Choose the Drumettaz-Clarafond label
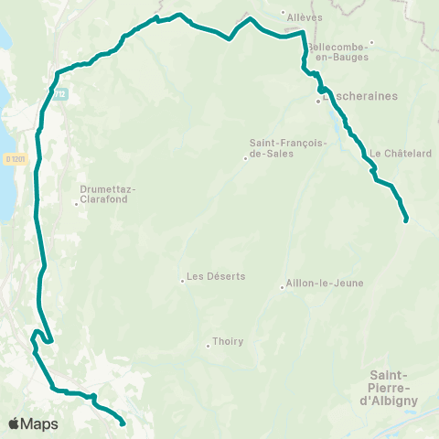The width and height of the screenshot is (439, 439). (108, 194)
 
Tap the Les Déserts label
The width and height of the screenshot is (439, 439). (215, 276)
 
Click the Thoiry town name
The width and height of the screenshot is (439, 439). (228, 342)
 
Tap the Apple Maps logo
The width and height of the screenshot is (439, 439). (33, 423)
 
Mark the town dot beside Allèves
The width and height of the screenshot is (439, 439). (282, 15)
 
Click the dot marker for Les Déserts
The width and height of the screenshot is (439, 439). (182, 281)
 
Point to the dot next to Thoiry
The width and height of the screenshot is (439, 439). (208, 346)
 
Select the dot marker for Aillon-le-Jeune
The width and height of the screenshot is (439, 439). (282, 288)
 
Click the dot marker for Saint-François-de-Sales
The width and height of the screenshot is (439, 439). (245, 159)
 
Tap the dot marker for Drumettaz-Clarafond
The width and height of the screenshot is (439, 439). (76, 203)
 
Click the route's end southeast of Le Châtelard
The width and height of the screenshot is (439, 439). (405, 219)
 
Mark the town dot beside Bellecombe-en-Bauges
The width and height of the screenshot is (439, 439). (371, 44)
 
